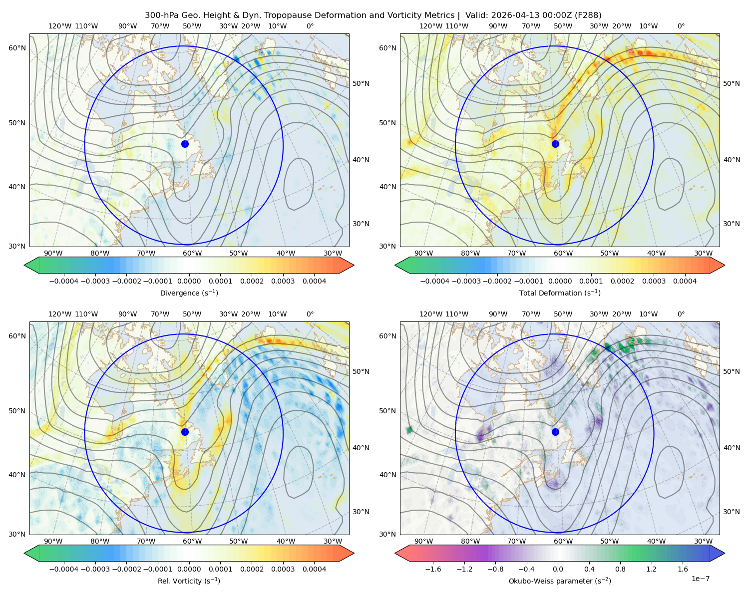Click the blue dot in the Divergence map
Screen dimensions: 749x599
(185, 144)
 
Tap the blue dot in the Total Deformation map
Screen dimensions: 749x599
(555, 144)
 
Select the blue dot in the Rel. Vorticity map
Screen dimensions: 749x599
(185, 432)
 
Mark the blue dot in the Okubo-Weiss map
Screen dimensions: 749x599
(555, 432)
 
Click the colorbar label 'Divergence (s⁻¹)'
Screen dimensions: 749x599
(189, 293)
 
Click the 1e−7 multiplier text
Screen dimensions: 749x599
(700, 579)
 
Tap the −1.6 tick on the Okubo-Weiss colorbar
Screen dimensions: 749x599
(433, 569)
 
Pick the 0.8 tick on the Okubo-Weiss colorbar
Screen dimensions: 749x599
(620, 569)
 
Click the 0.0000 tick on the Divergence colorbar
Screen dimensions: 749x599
(189, 281)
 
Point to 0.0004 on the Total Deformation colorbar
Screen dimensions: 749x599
(685, 281)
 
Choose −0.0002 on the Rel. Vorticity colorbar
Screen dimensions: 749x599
(127, 569)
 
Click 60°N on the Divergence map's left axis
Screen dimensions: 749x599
(17, 48)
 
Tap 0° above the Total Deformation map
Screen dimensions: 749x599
(681, 26)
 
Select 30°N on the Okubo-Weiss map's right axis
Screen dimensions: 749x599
(732, 511)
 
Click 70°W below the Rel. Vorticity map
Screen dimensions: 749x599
(146, 541)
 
